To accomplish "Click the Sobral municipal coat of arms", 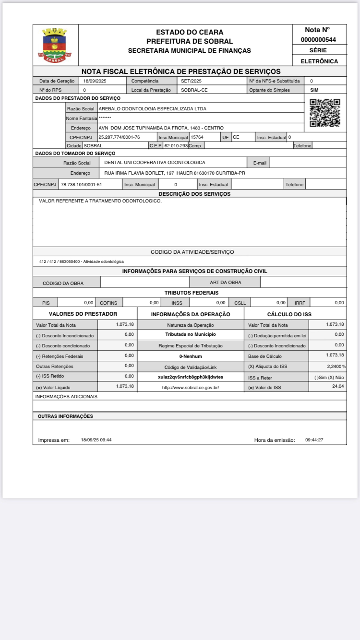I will [x=55, y=45].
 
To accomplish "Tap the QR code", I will [x=324, y=113].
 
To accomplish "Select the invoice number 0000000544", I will [x=318, y=40].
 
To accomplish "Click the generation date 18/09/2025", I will [x=95, y=81].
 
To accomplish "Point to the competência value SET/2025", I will [x=191, y=81].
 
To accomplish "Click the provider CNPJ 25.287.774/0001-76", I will [x=119, y=137].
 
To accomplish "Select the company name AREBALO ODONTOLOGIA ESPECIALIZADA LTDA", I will [x=152, y=108].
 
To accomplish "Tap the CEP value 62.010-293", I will [x=176, y=145].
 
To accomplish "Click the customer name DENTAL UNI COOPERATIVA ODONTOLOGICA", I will [x=155, y=163].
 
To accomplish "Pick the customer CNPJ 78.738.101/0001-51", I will [x=82, y=184].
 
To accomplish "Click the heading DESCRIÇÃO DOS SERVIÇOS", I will [x=194, y=194].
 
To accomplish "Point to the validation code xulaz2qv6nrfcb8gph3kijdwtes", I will [x=191, y=377].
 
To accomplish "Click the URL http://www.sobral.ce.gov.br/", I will [x=191, y=387].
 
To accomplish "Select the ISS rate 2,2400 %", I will [x=334, y=366].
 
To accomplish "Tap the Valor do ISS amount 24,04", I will [x=338, y=386].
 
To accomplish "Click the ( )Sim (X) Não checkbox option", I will [x=329, y=377].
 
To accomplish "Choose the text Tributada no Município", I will [x=191, y=334].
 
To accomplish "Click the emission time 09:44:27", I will [x=314, y=440].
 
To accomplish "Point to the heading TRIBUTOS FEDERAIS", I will [x=191, y=293].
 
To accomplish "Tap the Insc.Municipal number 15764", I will [x=197, y=137].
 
